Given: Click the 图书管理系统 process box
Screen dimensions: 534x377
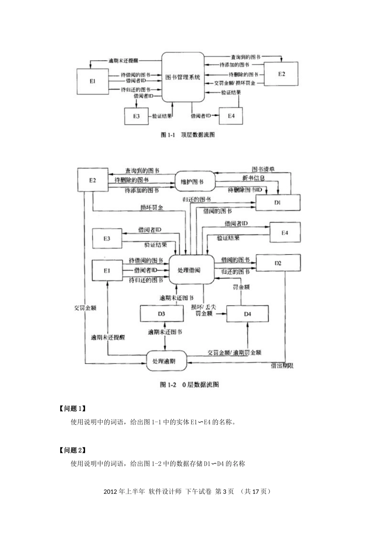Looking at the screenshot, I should pos(183,77).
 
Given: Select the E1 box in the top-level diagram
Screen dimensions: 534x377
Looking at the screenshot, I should pos(92,81).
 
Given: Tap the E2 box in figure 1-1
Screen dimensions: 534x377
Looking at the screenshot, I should pos(281,74).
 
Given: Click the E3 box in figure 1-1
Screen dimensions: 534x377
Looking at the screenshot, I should pos(136,116).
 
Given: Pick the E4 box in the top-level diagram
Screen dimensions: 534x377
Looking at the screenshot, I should pos(231,116).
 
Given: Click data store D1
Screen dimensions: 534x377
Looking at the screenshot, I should pos(277,202).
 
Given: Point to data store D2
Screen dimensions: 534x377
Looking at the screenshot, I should pos(278,263).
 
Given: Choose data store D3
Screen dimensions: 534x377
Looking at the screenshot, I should pos(161,313).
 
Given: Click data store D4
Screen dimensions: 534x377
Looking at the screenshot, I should pos(247,314).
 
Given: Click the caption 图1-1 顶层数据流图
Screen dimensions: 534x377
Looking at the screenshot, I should pos(188,135).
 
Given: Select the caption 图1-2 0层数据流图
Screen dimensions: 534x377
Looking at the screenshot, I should pos(189,385).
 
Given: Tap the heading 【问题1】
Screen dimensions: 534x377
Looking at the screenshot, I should pos(72,408).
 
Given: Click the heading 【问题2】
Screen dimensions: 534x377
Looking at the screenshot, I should pos(72,450).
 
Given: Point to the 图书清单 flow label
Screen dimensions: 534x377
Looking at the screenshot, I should pos(263,169).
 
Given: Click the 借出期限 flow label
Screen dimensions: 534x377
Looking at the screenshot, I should pos(282,366).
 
